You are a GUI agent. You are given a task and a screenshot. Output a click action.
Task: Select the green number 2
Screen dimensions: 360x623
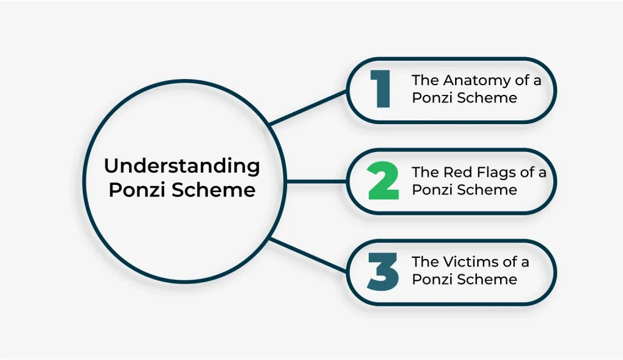pos(384,181)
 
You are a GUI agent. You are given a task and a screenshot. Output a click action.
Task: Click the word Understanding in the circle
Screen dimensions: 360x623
pos(182,166)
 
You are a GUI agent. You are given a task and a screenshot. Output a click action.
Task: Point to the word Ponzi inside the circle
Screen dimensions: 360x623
pos(137,190)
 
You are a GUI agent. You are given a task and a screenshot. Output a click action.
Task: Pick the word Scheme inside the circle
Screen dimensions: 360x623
pos(214,190)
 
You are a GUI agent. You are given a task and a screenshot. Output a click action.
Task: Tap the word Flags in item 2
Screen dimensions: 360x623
pos(492,172)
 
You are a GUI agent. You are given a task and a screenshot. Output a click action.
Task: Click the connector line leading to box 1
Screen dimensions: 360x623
pos(308,107)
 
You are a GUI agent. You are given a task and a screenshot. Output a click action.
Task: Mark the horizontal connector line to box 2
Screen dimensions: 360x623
pos(316,181)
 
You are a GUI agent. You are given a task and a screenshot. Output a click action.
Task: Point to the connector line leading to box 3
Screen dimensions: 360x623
pos(308,255)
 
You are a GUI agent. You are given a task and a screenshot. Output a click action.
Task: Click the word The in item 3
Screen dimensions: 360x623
pos(424,262)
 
